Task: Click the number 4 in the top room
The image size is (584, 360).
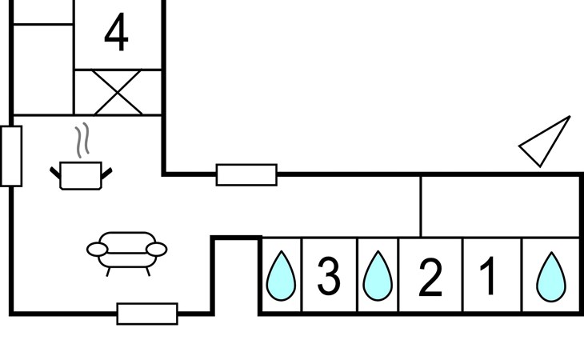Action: [x=117, y=34]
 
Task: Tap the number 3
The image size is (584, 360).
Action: [x=329, y=275]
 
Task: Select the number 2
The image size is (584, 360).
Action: [x=430, y=277]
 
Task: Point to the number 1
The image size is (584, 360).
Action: [x=489, y=275]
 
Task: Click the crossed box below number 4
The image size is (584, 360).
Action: [x=118, y=92]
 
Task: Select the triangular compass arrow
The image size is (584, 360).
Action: [x=548, y=142]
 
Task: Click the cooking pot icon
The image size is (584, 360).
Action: [x=82, y=174]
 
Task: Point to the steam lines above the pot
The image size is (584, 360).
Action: [x=80, y=142]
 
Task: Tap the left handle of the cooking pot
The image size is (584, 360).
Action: [x=56, y=170]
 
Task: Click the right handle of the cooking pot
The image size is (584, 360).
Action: [x=107, y=170]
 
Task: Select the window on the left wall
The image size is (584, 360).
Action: [x=11, y=156]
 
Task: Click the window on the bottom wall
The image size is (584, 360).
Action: [x=147, y=314]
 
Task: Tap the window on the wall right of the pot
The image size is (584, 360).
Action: [x=246, y=174]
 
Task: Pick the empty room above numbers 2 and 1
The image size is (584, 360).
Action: [x=500, y=205]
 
